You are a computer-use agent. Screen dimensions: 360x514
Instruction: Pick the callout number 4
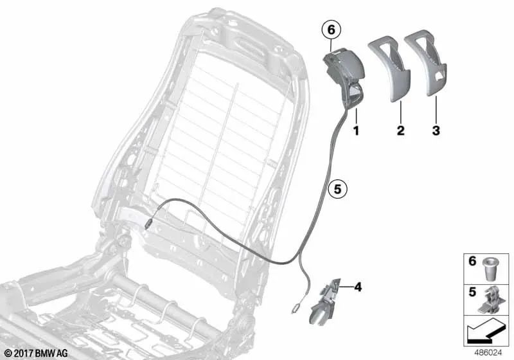coord(357,287)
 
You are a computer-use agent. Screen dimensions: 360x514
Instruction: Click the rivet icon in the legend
coord(491,267)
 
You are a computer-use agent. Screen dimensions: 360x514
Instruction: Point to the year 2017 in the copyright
coord(22,352)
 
